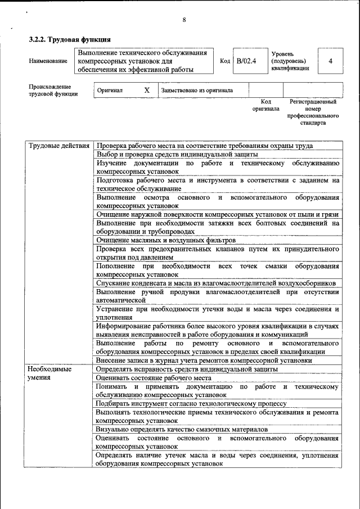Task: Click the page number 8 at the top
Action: click(x=184, y=21)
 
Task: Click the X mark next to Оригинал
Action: click(x=147, y=90)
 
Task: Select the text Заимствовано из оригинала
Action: click(x=196, y=90)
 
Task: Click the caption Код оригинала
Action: click(x=265, y=105)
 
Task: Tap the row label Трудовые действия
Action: click(x=58, y=146)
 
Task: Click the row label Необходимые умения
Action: click(x=49, y=373)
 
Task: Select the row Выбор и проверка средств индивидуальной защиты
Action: click(x=177, y=154)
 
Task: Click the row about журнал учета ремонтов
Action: click(x=204, y=361)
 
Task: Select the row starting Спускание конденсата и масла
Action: click(x=216, y=283)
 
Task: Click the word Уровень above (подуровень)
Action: click(x=282, y=53)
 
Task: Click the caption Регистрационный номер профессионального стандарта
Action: click(x=313, y=112)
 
